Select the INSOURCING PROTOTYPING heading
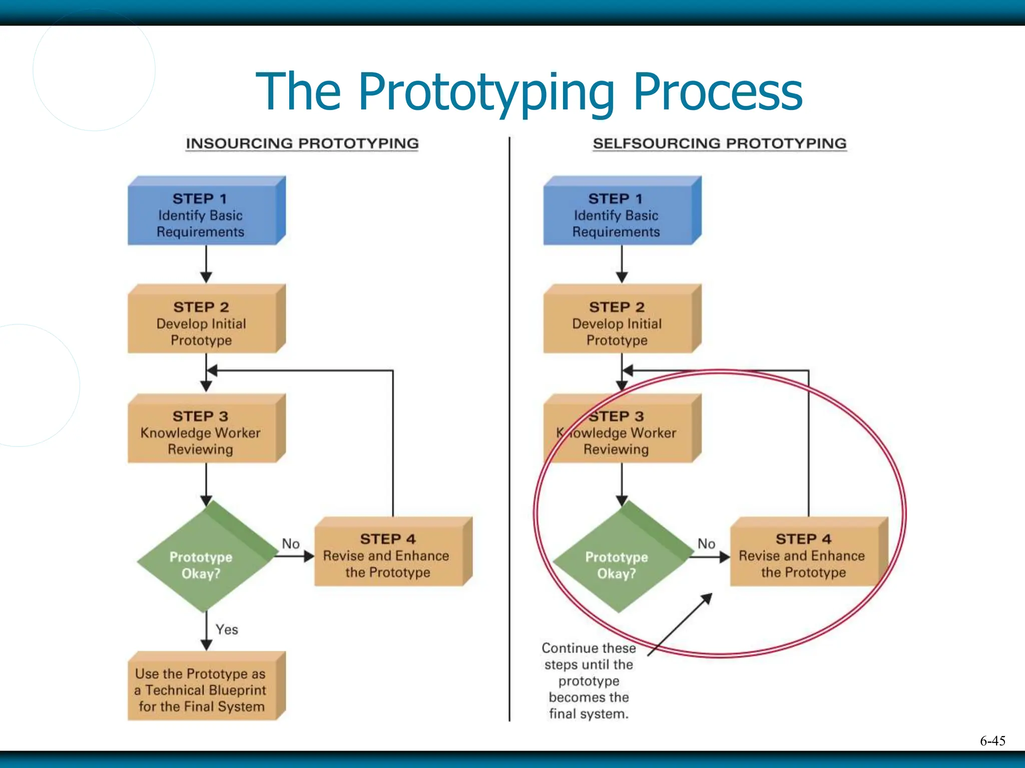[302, 143]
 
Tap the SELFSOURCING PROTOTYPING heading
[719, 143]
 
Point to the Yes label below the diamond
[227, 629]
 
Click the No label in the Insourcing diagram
[291, 543]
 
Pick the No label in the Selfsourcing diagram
[706, 543]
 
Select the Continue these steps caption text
[589, 680]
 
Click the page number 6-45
[992, 741]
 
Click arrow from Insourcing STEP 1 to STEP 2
[206, 264]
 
